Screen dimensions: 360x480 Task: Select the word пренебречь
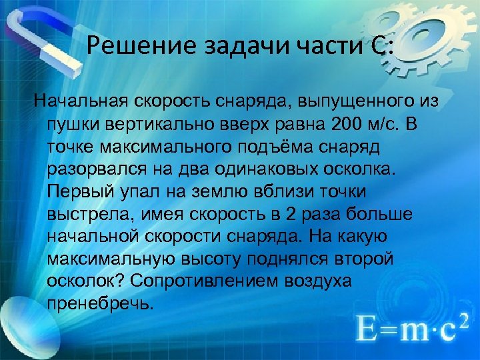click(x=100, y=302)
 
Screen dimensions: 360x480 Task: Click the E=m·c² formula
click(x=405, y=328)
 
